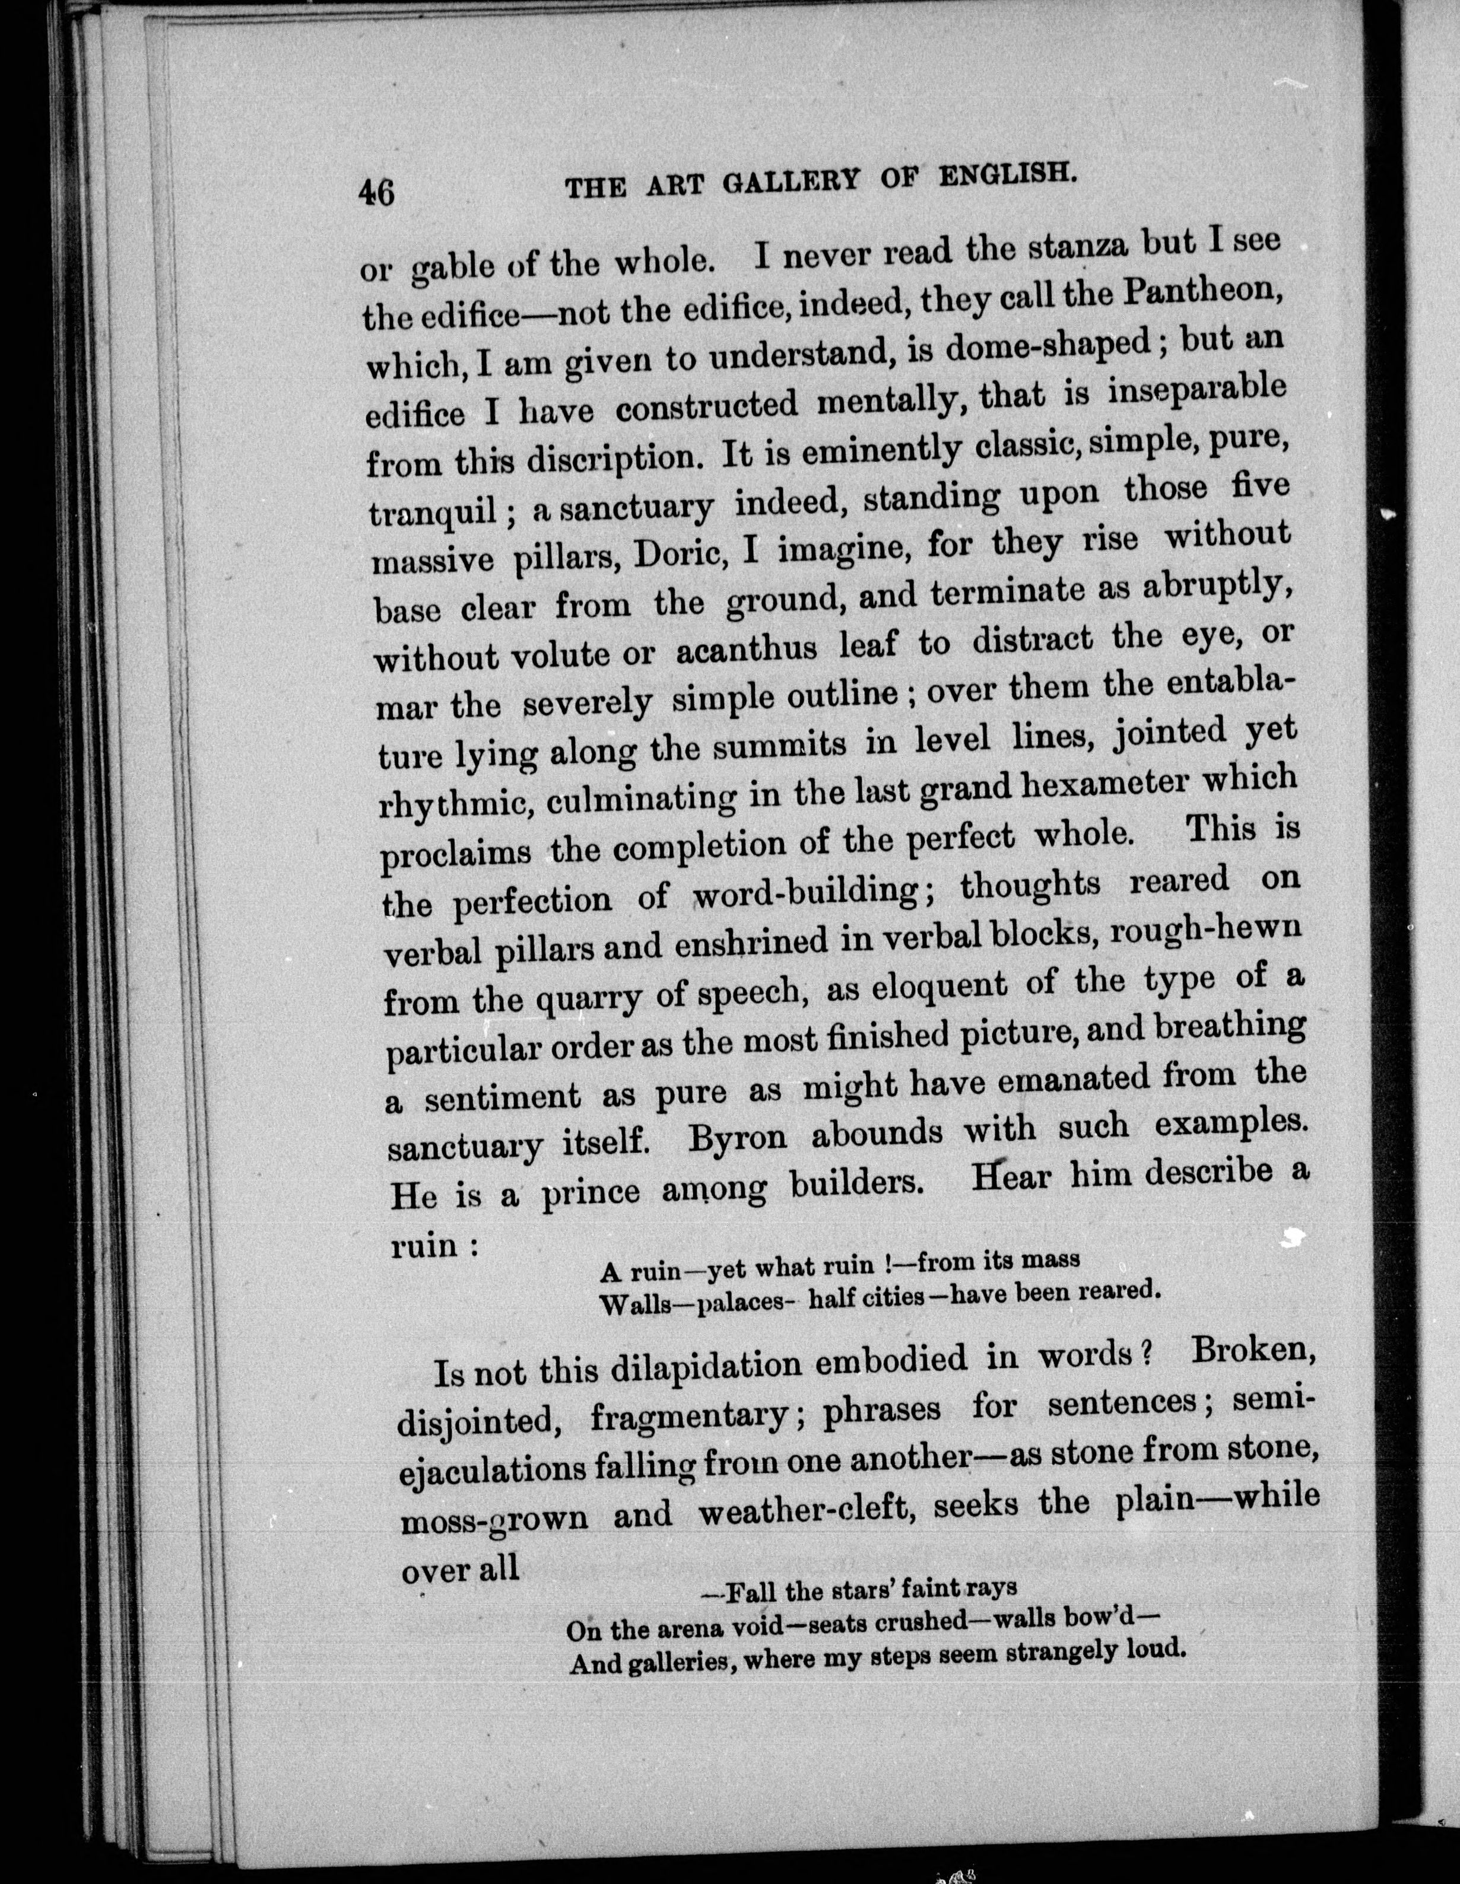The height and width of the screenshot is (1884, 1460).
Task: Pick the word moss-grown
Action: (494, 1517)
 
